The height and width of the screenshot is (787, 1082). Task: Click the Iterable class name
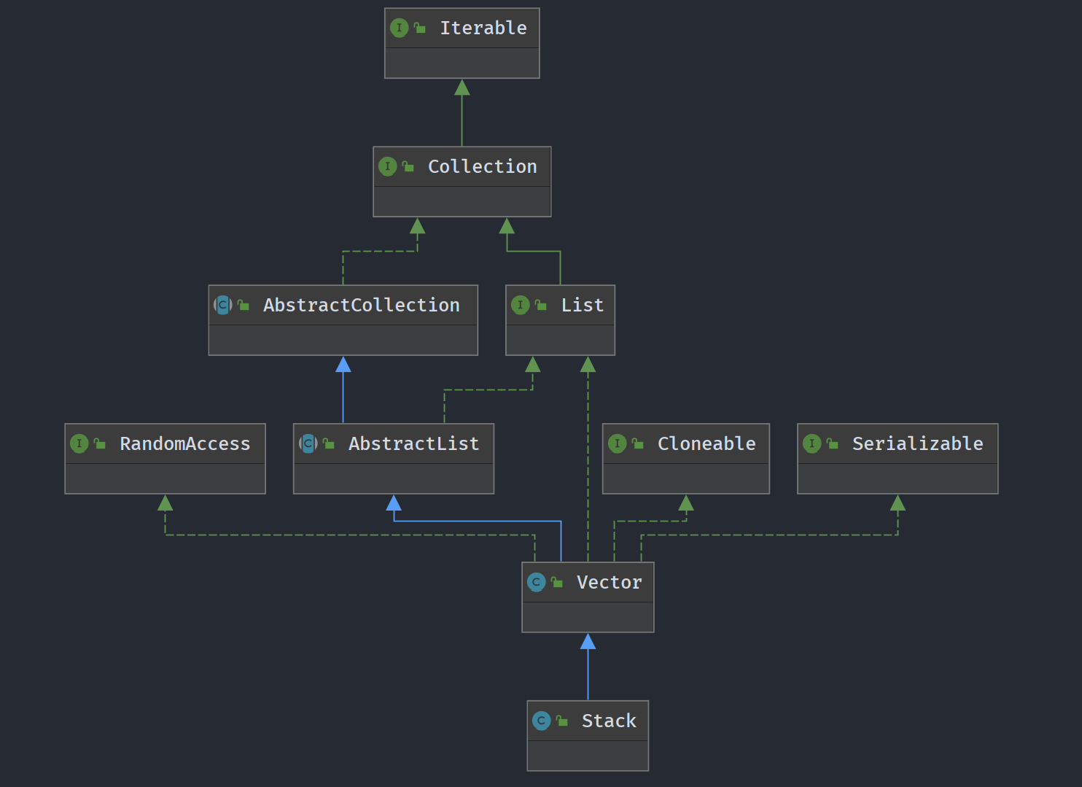(x=483, y=28)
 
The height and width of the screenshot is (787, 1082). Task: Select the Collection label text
(x=482, y=166)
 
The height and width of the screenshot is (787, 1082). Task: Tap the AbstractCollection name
(x=361, y=305)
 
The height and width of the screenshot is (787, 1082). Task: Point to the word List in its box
(x=582, y=305)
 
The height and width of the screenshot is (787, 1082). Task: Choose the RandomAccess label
(x=184, y=443)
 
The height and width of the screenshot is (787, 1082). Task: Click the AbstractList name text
(x=413, y=443)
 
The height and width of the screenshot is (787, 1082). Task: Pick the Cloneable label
(x=706, y=443)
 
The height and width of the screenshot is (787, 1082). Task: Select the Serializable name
(x=917, y=443)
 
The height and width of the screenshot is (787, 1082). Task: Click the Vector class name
(x=609, y=582)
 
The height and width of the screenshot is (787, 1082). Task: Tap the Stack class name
(x=609, y=721)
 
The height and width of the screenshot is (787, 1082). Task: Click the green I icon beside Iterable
(x=399, y=28)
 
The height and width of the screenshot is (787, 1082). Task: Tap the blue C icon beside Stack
(x=541, y=721)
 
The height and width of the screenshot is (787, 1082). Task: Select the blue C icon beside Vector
(x=536, y=582)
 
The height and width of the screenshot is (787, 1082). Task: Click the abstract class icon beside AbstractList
(x=308, y=443)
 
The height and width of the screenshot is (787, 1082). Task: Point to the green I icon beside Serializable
(x=811, y=443)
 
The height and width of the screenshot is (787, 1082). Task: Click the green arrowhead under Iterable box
(x=462, y=88)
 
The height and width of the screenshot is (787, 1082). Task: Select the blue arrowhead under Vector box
(x=588, y=642)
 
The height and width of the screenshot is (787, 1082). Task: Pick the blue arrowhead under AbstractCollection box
(x=343, y=365)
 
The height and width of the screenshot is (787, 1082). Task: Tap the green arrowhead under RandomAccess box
(x=166, y=503)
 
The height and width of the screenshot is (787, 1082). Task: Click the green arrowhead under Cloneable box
(x=686, y=503)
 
